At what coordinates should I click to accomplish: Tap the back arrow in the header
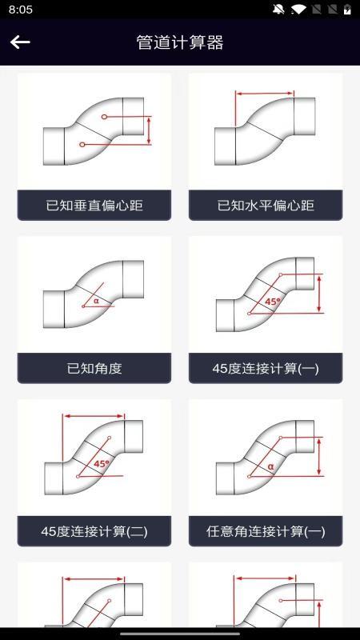(20, 42)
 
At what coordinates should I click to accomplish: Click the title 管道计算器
(180, 42)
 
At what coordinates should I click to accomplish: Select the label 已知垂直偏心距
(94, 206)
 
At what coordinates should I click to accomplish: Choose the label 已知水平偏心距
(266, 206)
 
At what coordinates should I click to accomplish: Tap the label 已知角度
(94, 369)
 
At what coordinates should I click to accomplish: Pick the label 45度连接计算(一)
(266, 369)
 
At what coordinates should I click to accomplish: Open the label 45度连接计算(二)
(94, 531)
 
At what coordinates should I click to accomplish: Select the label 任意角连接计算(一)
(266, 531)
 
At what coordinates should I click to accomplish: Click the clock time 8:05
(21, 10)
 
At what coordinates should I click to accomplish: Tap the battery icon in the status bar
(347, 10)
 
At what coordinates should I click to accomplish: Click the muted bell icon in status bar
(278, 10)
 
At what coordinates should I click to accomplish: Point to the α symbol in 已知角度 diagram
(96, 301)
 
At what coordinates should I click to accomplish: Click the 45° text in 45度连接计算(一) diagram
(273, 302)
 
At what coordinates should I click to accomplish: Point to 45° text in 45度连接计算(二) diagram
(102, 464)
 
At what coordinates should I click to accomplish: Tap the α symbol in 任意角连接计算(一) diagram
(270, 466)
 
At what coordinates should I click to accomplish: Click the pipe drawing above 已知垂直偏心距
(94, 131)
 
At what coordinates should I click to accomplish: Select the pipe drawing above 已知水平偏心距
(266, 131)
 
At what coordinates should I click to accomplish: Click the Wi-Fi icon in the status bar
(298, 10)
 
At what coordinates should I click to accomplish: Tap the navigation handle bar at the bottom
(180, 633)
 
